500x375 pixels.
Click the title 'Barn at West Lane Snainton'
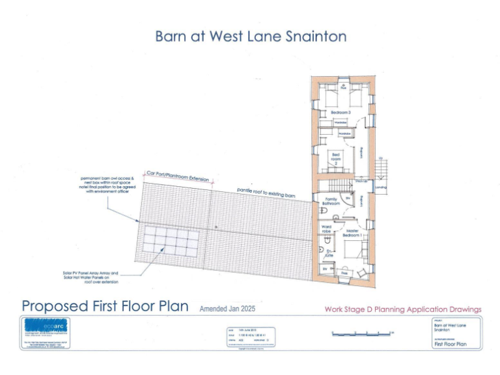tap(251, 36)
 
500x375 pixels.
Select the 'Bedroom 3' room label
tap(340, 113)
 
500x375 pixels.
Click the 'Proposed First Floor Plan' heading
tap(105, 306)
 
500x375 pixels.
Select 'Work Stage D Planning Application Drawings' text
tap(403, 309)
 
